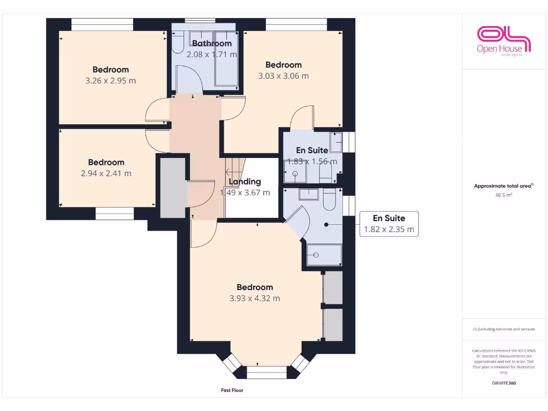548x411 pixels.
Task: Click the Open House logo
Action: point(504,41)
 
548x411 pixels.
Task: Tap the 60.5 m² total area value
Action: point(504,195)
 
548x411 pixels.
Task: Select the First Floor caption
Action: point(232,390)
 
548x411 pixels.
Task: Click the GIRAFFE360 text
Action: point(504,383)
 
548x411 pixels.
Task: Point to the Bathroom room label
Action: point(212,43)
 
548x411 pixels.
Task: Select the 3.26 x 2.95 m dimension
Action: point(111,81)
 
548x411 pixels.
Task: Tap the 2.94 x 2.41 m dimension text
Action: point(106,173)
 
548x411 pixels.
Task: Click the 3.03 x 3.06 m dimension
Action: point(283,76)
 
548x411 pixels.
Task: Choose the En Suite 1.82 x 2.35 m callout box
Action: point(389,224)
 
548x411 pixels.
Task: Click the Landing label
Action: point(245,181)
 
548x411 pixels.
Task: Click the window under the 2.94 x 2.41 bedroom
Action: point(114,215)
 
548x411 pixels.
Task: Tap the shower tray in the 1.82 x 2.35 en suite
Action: point(324,255)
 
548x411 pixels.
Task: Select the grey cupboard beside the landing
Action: point(172,187)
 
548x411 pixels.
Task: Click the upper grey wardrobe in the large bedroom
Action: point(333,287)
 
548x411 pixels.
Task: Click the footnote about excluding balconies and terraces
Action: point(504,329)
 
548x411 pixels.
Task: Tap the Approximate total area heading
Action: point(504,186)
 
